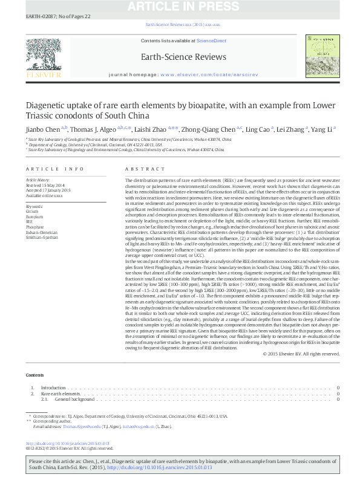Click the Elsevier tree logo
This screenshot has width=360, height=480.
43,56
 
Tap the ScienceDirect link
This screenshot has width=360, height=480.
212,41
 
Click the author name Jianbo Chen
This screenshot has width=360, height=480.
42,129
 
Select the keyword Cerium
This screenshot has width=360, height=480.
31,211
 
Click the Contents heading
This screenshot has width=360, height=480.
35,375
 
